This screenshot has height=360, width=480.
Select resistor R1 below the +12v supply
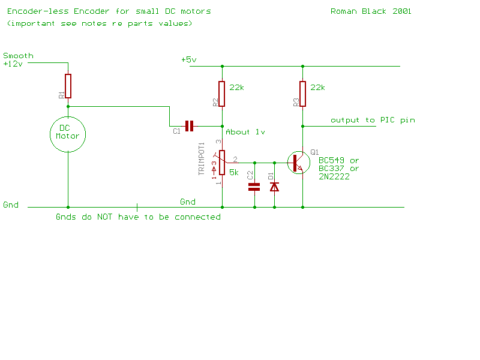pyautogui.click(x=68, y=86)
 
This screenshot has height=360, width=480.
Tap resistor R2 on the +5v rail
pyautogui.click(x=222, y=94)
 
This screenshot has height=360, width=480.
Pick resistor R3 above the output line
pyautogui.click(x=302, y=94)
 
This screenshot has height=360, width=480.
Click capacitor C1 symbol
pyautogui.click(x=190, y=126)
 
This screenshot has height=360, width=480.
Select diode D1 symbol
pyautogui.click(x=275, y=187)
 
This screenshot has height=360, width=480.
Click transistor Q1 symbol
pyautogui.click(x=298, y=163)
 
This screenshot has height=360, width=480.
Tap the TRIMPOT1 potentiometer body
pyautogui.click(x=222, y=163)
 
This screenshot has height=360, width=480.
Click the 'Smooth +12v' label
pyautogui.click(x=18, y=59)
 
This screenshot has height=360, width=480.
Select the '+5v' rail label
pyautogui.click(x=188, y=59)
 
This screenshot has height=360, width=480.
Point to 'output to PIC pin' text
pyautogui.click(x=372, y=120)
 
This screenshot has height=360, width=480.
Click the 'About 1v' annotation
pyautogui.click(x=245, y=131)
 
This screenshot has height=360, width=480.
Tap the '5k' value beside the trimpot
pyautogui.click(x=234, y=172)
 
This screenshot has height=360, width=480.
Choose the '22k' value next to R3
pyautogui.click(x=317, y=87)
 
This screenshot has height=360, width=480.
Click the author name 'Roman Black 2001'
pyautogui.click(x=371, y=11)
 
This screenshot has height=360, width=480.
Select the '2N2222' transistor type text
pyautogui.click(x=334, y=176)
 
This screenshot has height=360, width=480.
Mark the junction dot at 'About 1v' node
pyautogui.click(x=222, y=126)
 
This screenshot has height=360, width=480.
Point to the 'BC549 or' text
pyautogui.click(x=338, y=160)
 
